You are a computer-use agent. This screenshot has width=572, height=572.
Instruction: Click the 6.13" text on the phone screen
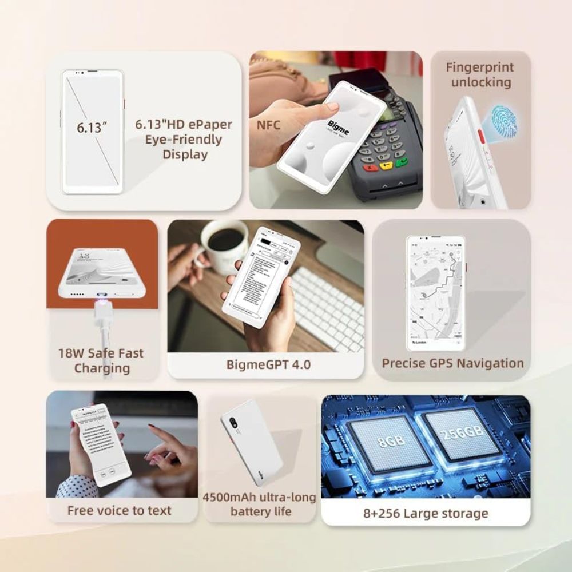click(92, 127)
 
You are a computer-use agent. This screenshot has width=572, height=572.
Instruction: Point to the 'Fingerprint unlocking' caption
click(480, 74)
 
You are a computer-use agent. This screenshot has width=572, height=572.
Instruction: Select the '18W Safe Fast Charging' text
click(101, 360)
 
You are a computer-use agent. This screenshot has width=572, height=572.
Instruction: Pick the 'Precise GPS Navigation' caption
click(452, 363)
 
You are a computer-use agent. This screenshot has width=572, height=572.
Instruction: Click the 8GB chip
click(389, 443)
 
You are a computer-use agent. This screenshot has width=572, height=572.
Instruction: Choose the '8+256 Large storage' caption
click(426, 513)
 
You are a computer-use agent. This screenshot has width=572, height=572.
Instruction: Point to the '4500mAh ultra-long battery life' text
click(259, 504)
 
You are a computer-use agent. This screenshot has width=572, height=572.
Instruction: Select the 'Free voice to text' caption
click(119, 510)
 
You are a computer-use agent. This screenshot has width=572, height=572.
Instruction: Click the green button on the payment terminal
click(402, 162)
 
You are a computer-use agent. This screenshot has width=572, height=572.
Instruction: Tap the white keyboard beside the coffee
click(329, 309)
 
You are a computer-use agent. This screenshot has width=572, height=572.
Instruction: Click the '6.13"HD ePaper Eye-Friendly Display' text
click(184, 139)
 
